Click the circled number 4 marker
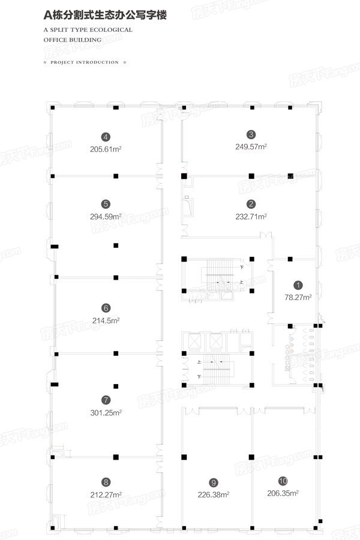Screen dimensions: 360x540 click(x=106, y=137)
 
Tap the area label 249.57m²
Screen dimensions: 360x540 click(x=251, y=147)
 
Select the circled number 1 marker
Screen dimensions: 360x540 click(x=298, y=285)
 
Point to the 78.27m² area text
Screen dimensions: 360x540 click(x=298, y=297)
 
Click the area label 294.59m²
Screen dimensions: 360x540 click(x=106, y=217)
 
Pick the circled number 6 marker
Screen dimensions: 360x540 click(x=106, y=308)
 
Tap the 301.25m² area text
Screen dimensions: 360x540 click(x=106, y=413)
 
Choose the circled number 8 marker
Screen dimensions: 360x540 click(x=106, y=482)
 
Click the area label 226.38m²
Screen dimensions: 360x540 click(x=214, y=495)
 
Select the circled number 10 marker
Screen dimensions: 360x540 click(x=283, y=481)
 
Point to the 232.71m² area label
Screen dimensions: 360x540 click(x=251, y=217)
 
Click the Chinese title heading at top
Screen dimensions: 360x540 click(x=105, y=15)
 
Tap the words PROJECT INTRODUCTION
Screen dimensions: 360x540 click(x=85, y=62)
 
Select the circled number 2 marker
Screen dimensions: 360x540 click(x=251, y=204)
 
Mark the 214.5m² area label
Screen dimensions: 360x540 click(x=106, y=320)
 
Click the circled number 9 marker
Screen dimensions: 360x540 click(x=214, y=482)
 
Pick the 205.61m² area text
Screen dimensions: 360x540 click(x=106, y=149)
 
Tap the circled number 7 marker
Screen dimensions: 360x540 click(x=106, y=400)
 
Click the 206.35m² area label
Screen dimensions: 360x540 click(x=283, y=493)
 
